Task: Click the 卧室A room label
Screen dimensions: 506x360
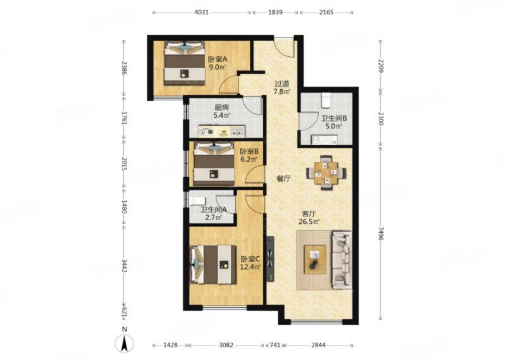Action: (218, 59)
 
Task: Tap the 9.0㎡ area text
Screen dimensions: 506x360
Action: (217, 68)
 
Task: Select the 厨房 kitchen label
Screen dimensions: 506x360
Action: (222, 108)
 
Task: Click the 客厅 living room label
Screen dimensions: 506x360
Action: (309, 214)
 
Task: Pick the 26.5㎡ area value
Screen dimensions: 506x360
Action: (309, 222)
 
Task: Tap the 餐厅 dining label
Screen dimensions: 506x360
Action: (283, 178)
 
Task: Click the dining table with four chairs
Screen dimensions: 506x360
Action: (326, 173)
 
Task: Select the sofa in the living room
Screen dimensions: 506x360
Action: (342, 259)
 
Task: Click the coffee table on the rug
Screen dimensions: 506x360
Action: (315, 259)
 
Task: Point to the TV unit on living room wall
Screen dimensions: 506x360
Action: (270, 259)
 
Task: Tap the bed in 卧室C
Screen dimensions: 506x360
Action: (213, 264)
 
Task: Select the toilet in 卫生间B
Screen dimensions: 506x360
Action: (326, 101)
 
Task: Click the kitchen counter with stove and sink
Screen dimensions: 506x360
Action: (222, 132)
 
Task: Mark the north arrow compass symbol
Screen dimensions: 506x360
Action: (125, 343)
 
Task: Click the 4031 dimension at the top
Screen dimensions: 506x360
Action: (201, 12)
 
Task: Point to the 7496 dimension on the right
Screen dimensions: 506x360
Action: (381, 233)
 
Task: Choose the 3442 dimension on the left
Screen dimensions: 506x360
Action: (125, 265)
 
